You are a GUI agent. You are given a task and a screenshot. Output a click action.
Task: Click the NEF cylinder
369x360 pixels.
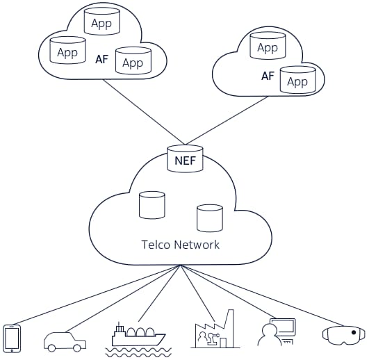pos(186,159)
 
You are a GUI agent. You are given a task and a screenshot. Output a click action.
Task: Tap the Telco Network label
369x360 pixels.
pos(181,245)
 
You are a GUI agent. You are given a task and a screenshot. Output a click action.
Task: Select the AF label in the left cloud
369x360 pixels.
pos(102,59)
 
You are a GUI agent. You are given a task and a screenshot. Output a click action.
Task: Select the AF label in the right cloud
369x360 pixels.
pos(268,76)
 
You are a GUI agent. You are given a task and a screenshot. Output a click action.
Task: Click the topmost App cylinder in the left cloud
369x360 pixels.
pos(102,22)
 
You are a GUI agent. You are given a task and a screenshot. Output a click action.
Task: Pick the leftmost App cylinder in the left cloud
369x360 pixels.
pos(67,50)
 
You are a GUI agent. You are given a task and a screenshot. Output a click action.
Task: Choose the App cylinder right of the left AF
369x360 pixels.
pos(133,60)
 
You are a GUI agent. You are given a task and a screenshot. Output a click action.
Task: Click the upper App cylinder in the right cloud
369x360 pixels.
pos(268,45)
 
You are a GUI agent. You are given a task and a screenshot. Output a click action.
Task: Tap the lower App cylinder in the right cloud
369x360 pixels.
pos(297,79)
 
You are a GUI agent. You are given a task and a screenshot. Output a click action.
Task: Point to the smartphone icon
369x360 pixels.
pos(12,338)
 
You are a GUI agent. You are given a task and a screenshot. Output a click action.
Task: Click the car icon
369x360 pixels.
pos(65,342)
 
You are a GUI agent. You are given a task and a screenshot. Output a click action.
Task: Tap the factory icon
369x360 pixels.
pos(215,329)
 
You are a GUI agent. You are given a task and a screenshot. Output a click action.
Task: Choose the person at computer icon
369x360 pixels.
pos(277,332)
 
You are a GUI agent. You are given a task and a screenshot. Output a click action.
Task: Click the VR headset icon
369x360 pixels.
pos(344,336)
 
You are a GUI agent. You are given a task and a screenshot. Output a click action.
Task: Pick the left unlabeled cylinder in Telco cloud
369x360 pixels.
pos(152,205)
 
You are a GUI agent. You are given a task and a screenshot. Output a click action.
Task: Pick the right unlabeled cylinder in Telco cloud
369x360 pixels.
pos(210,218)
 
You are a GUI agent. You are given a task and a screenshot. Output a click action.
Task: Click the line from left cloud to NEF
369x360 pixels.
pos(145,112)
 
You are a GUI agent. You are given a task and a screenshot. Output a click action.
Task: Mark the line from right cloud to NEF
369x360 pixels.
pos(227,120)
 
